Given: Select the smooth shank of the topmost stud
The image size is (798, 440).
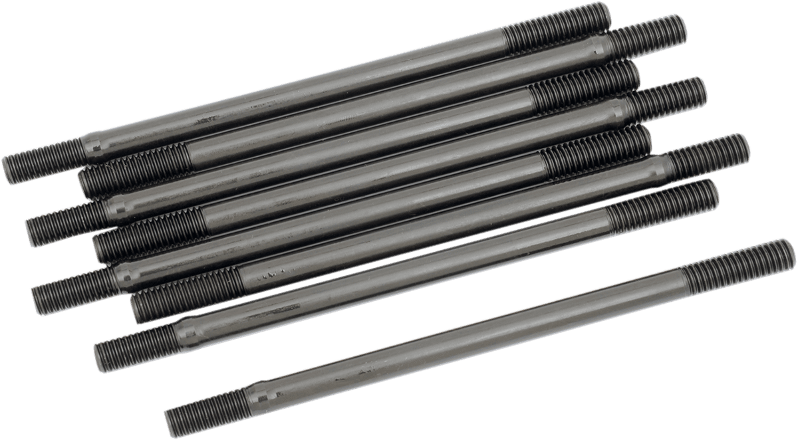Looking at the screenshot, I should coord(299,93).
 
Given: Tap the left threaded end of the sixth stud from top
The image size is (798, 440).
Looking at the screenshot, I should coord(186,292).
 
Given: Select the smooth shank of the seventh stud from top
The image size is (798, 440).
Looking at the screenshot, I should coord(399,273).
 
